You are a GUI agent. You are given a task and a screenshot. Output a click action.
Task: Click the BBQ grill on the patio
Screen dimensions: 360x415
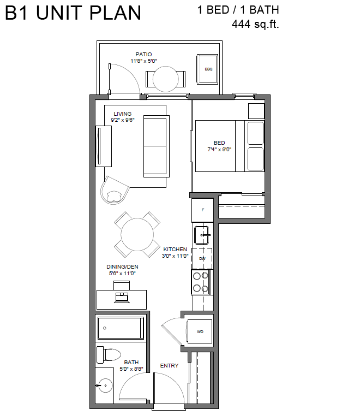[x=207, y=69]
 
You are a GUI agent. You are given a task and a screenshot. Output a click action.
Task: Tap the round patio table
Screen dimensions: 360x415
[x=166, y=79]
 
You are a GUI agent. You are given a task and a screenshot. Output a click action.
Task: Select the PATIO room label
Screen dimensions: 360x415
[x=143, y=54]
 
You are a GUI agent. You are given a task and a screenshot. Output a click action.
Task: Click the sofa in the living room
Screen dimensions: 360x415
[x=156, y=146]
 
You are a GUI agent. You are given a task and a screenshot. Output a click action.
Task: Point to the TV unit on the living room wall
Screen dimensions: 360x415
[x=103, y=146]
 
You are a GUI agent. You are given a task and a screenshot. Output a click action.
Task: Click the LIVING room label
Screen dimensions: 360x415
[x=122, y=114]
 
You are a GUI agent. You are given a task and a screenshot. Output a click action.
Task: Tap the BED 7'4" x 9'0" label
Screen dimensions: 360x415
[x=219, y=146]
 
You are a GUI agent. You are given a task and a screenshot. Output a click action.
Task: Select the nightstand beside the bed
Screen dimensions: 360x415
[x=256, y=111]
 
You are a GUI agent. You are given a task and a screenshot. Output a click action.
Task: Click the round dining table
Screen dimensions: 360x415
[x=137, y=234]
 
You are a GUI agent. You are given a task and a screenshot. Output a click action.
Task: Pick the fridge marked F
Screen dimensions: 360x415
[x=202, y=210]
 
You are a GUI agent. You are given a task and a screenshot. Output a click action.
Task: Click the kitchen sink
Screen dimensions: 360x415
[x=202, y=235]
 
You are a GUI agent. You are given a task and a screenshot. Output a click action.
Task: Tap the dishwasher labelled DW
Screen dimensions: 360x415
[x=202, y=258]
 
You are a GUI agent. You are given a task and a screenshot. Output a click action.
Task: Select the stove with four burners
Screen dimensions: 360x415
[x=201, y=282]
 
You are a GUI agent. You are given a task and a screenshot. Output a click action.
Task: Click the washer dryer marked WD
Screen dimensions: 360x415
[x=200, y=331]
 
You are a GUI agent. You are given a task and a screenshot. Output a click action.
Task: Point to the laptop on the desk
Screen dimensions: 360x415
[x=122, y=298]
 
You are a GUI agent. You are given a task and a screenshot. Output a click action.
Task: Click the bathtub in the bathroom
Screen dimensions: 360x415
[x=121, y=328]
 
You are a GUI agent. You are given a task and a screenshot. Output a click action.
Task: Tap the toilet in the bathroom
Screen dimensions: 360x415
[x=109, y=354]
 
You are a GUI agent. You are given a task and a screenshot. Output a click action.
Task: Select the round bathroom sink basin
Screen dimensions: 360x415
[x=105, y=386]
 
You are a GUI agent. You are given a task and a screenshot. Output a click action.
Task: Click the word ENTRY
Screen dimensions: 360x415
[x=169, y=365]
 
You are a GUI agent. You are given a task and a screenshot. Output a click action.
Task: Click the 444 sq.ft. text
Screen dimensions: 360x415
[x=255, y=24]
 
